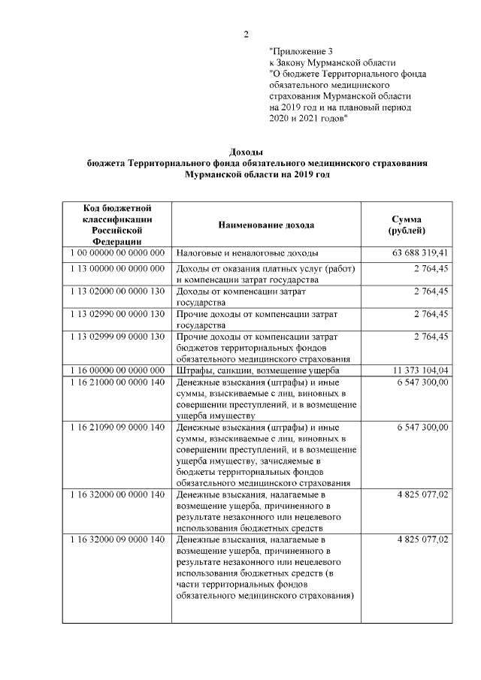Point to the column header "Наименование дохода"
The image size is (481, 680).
[266, 225]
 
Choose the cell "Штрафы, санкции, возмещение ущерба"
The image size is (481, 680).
[259, 370]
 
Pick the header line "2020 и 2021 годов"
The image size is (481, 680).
[308, 119]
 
